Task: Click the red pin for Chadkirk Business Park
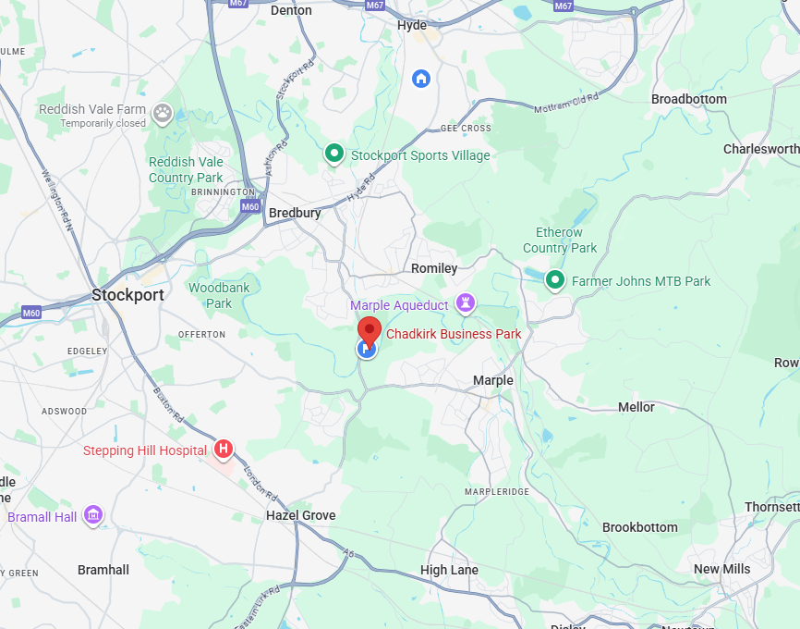click(370, 330)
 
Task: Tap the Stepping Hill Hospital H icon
click(223, 450)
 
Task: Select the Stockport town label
click(127, 295)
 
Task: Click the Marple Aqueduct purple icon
click(467, 303)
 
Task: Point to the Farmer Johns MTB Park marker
click(555, 279)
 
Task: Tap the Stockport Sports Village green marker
click(334, 154)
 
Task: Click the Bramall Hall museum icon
click(93, 515)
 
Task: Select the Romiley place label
click(434, 268)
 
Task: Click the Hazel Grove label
click(300, 515)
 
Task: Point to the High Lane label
click(449, 570)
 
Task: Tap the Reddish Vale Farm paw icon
click(163, 113)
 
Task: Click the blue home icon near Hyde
click(421, 78)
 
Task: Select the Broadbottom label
click(688, 99)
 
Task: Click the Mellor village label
click(636, 407)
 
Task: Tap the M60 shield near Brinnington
click(250, 206)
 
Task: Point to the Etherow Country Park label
click(560, 240)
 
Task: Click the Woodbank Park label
click(219, 295)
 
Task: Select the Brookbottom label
click(639, 527)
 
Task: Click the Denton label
click(291, 10)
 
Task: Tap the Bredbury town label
click(295, 213)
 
